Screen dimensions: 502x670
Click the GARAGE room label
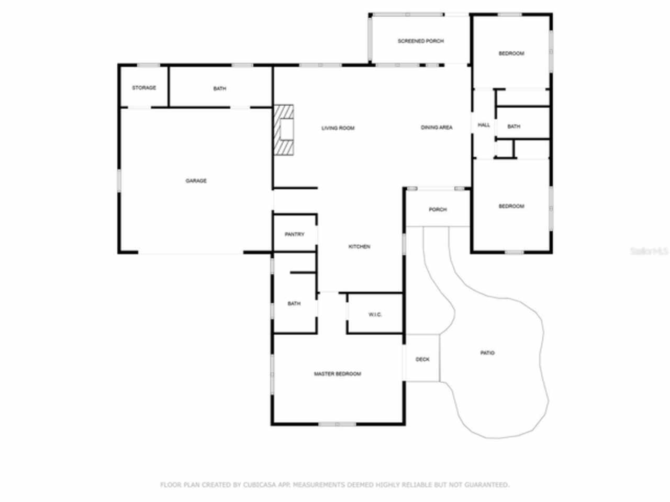(x=196, y=181)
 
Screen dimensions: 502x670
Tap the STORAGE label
(x=143, y=88)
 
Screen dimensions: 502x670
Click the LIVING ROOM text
(x=338, y=128)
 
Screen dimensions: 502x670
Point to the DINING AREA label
(x=437, y=128)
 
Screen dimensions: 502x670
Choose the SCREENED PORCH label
(x=420, y=41)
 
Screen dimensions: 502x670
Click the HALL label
(x=484, y=125)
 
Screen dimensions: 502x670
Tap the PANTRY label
(x=294, y=234)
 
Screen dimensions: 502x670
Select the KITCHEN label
(x=359, y=246)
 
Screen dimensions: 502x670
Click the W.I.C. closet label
(x=375, y=314)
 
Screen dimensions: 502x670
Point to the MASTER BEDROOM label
(x=337, y=374)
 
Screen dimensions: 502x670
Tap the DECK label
(x=422, y=359)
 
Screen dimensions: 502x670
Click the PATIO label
(x=487, y=353)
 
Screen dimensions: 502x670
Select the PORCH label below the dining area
(x=438, y=210)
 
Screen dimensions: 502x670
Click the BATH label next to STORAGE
(x=219, y=89)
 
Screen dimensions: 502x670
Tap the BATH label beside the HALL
(x=513, y=127)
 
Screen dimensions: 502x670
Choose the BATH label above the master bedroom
(x=294, y=304)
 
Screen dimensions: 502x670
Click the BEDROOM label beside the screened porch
(x=511, y=53)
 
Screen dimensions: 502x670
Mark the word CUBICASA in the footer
(x=260, y=485)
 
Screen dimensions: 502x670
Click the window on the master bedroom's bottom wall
(x=337, y=424)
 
